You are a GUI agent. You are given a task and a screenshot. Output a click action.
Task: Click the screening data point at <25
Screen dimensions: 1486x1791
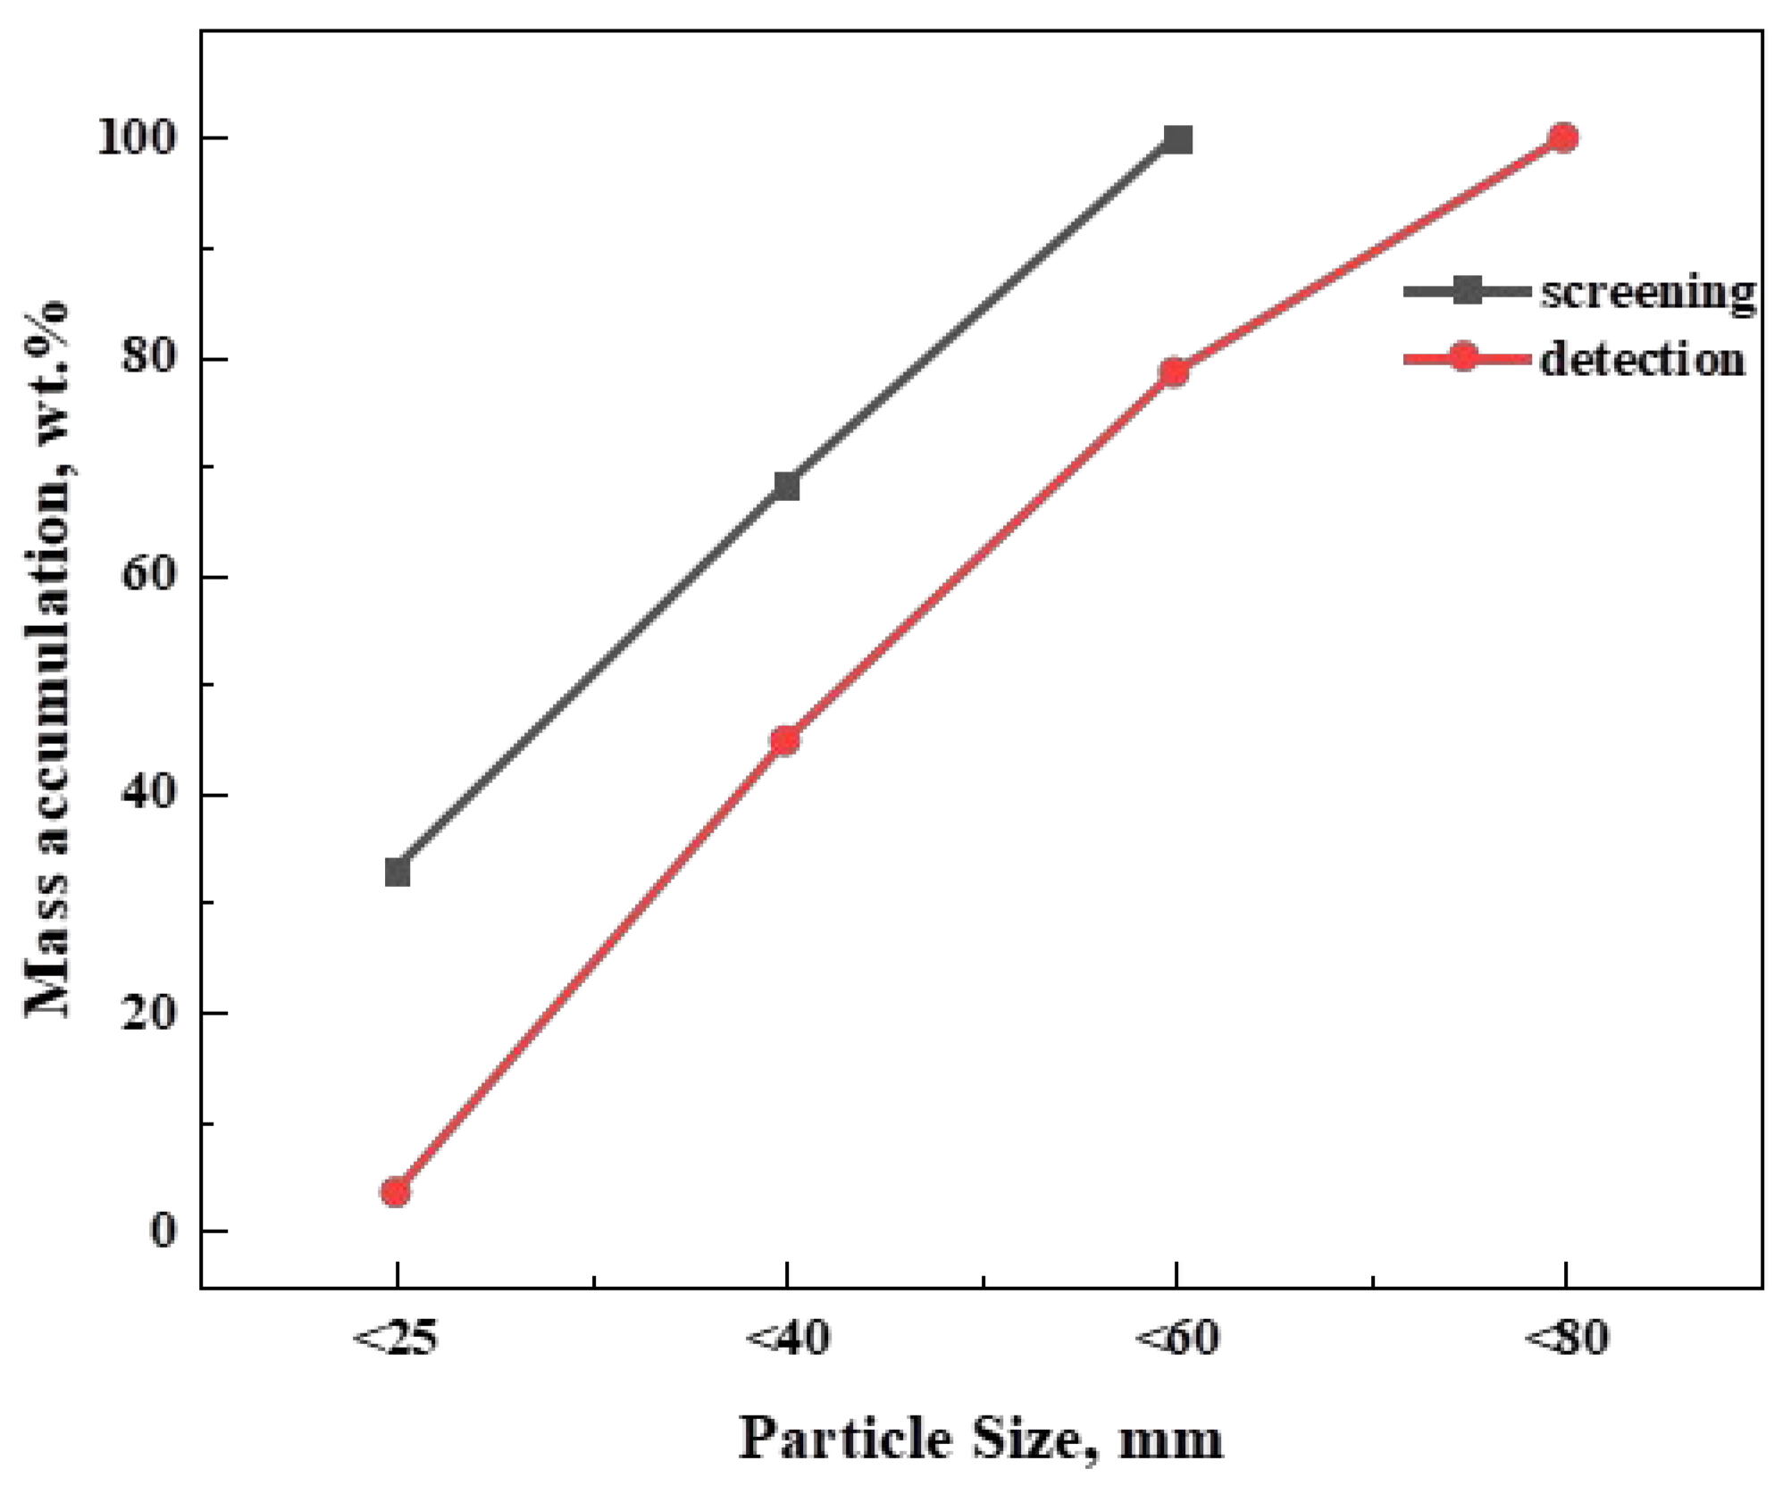[398, 872]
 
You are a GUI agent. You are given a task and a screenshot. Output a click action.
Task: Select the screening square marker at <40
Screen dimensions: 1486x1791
[786, 487]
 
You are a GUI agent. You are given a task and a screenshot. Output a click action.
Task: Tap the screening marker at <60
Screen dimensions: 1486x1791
[1178, 140]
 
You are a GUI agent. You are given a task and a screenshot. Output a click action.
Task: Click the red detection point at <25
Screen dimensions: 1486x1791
[396, 1192]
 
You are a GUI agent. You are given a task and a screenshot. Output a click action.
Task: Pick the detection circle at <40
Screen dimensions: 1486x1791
[785, 740]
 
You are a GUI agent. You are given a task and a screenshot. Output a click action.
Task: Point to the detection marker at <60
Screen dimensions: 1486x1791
[1175, 372]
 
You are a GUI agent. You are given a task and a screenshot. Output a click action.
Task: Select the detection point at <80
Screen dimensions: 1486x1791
[1563, 138]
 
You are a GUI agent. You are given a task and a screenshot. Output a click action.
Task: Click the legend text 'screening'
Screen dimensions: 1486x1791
[1646, 293]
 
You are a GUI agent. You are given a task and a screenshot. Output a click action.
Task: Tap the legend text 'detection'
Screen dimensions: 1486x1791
[1642, 359]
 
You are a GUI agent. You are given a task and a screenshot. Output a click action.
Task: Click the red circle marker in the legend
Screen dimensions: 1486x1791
[1463, 357]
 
